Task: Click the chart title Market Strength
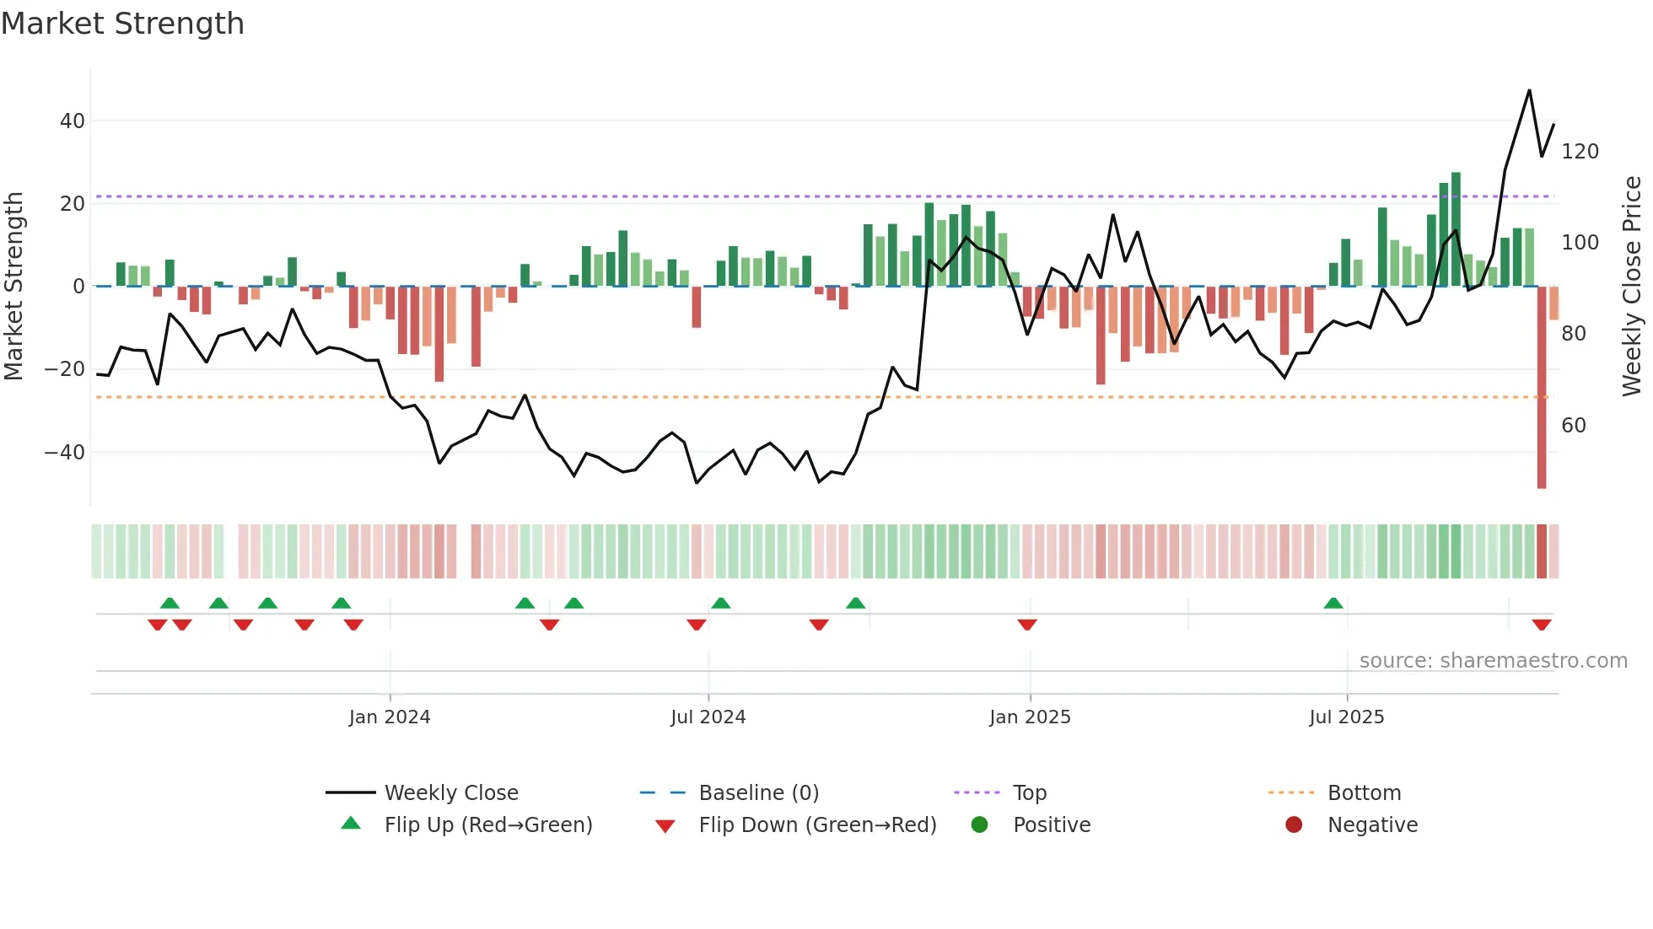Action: click(x=122, y=24)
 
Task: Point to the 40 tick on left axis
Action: click(x=73, y=121)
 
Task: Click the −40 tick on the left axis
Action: click(x=65, y=453)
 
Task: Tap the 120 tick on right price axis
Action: click(x=1580, y=152)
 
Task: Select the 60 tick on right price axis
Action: click(x=1573, y=426)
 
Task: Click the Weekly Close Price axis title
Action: click(x=1632, y=287)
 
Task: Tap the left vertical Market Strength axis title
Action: click(x=14, y=287)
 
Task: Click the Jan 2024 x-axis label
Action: click(x=389, y=717)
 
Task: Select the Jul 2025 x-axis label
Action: click(x=1346, y=717)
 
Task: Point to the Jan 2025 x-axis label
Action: click(x=1029, y=717)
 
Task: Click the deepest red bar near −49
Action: click(x=1541, y=388)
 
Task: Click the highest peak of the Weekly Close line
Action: click(x=1529, y=91)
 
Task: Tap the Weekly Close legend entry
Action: click(x=450, y=793)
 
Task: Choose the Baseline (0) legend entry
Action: click(x=758, y=793)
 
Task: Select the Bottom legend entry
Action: click(x=1364, y=793)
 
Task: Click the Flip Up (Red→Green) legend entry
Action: click(x=487, y=825)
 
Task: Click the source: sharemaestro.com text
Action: click(x=1493, y=661)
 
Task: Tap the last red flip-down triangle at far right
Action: click(x=1542, y=625)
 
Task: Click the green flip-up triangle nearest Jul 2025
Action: click(x=1333, y=604)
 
